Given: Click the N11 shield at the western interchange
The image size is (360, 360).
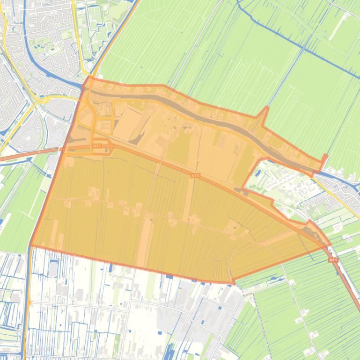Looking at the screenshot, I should click(97, 146).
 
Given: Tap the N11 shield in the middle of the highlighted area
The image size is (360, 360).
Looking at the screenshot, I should click(196, 175).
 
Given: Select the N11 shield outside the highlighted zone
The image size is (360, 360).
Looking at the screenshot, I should click(333, 260).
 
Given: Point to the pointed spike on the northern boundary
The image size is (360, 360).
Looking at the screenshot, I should click(267, 108).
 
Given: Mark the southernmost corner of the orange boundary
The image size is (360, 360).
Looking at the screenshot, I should click(233, 282).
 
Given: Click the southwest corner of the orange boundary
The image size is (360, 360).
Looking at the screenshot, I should click(31, 245).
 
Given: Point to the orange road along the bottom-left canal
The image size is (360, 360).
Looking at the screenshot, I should click(29, 299).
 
